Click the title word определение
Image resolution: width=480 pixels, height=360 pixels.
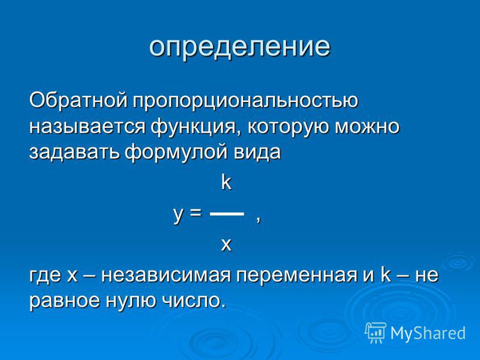(239, 48)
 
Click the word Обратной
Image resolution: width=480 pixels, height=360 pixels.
(78, 100)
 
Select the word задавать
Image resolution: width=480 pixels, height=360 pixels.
(74, 152)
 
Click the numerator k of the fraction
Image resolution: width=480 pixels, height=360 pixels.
(226, 183)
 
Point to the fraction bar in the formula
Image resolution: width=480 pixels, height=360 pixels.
(227, 214)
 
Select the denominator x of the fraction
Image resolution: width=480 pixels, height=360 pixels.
(226, 245)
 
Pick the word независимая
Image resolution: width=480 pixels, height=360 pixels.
(166, 275)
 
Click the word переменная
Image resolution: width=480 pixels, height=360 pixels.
(296, 275)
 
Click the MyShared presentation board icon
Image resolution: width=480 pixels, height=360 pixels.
(376, 332)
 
